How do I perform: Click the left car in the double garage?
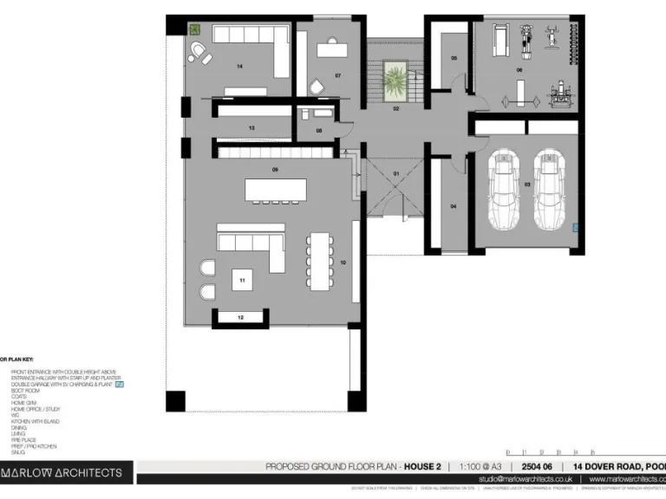click(x=502, y=191)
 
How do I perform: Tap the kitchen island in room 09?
click(x=276, y=188)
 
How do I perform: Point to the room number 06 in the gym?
click(x=519, y=69)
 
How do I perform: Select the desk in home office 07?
click(x=331, y=49)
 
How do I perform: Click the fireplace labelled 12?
click(x=240, y=318)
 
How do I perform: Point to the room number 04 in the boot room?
click(x=454, y=207)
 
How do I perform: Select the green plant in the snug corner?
click(x=195, y=29)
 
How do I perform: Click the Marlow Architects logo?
click(x=66, y=473)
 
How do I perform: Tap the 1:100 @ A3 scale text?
click(x=480, y=467)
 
